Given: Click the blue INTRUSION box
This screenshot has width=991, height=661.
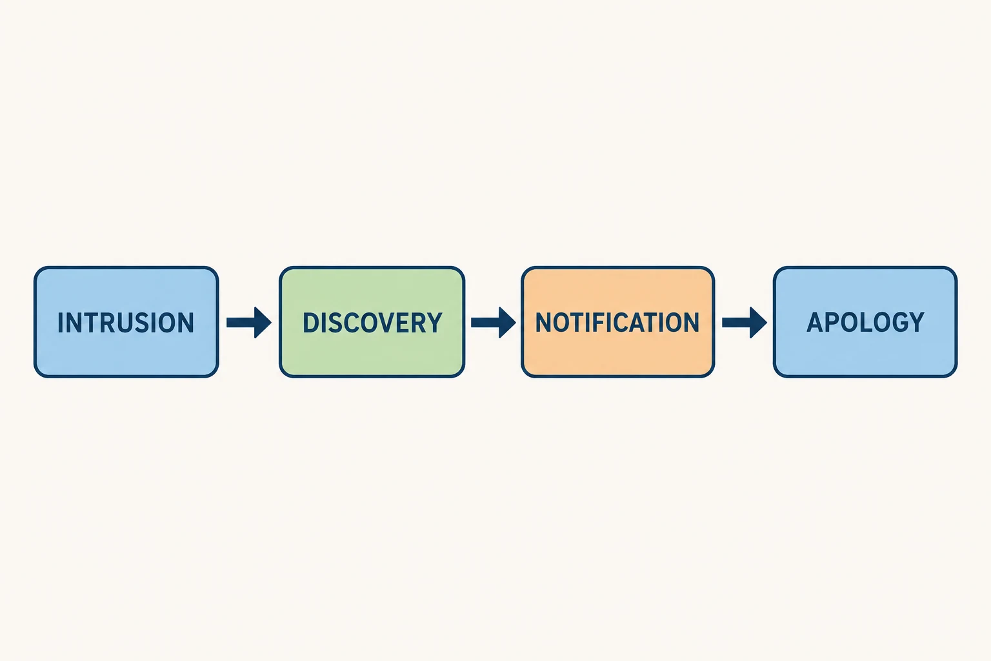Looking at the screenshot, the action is tap(126, 322).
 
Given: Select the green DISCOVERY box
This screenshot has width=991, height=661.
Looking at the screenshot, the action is tap(372, 322).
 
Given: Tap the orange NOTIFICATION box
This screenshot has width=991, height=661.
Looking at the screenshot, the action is tap(617, 322).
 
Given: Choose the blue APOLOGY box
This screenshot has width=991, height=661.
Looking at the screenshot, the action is tap(865, 322).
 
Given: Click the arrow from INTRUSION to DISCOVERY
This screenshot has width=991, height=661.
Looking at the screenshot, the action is tap(248, 322).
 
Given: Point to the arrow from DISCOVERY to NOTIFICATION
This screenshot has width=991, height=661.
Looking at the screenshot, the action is tap(494, 322).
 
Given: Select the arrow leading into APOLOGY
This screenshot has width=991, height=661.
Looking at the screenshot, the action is tap(745, 322).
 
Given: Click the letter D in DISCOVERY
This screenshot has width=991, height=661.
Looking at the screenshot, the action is tap(310, 322).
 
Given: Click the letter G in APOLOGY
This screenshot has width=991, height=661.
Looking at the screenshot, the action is tap(898, 322).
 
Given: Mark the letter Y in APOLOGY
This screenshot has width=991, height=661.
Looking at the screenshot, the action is tap(916, 322).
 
